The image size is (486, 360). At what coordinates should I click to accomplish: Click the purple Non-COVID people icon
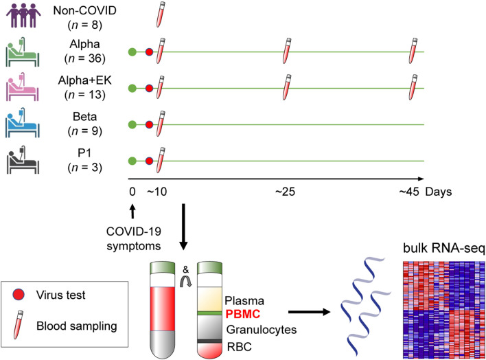click(23, 16)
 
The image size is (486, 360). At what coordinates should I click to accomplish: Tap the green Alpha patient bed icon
click(23, 52)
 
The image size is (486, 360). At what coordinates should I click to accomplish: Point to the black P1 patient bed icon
click(23, 162)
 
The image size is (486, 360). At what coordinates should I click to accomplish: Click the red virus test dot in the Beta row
click(150, 125)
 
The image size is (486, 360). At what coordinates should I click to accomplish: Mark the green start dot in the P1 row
click(132, 162)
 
